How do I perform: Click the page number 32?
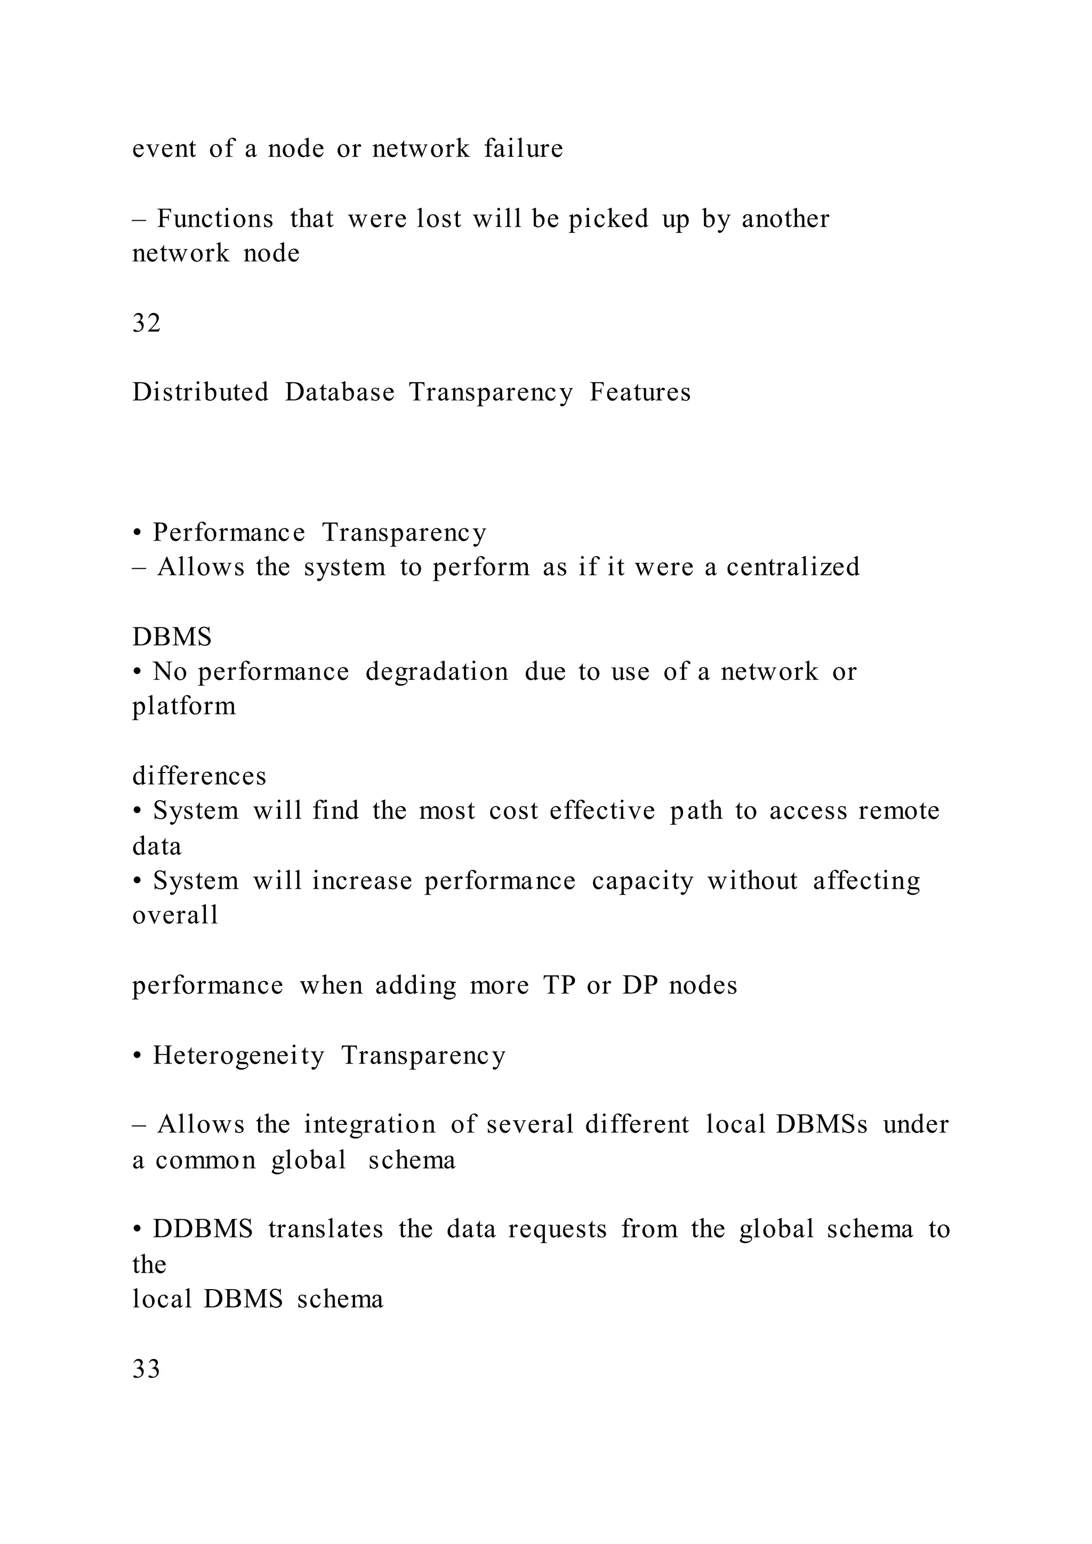point(147,324)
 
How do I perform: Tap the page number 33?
point(147,1369)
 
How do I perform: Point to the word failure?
point(523,149)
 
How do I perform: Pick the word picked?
point(608,220)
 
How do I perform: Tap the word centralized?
point(793,567)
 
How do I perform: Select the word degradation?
point(437,672)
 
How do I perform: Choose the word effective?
point(603,811)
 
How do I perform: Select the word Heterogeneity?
point(239,1056)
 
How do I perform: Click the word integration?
point(370,1125)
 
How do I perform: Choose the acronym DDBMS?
point(203,1229)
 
